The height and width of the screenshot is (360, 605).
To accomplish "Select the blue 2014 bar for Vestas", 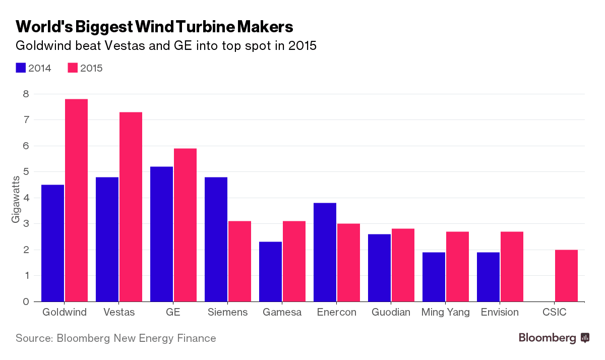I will tap(107, 239).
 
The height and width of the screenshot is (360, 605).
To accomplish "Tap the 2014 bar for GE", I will tap(161, 234).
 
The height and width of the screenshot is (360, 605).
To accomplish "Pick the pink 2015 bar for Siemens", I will tap(239, 261).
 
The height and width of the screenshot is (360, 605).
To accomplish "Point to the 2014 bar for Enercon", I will tap(325, 252).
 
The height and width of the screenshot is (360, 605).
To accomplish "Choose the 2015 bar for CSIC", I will tap(566, 276).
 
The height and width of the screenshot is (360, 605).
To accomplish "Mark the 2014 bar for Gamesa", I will tap(270, 272).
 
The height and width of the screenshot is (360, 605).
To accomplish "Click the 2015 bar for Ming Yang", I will tap(457, 267).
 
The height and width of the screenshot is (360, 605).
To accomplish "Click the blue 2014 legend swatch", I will tap(21, 68).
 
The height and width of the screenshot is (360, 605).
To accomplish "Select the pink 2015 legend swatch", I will tap(73, 68).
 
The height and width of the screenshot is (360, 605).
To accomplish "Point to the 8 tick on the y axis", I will tap(26, 94).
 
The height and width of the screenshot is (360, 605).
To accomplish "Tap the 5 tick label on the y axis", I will tap(26, 172).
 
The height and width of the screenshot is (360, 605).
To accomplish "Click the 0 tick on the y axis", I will tap(26, 302).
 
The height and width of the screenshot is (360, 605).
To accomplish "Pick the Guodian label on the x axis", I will tap(390, 313).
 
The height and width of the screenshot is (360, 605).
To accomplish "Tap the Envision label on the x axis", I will tap(500, 313).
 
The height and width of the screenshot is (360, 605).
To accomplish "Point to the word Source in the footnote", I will tap(33, 338).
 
